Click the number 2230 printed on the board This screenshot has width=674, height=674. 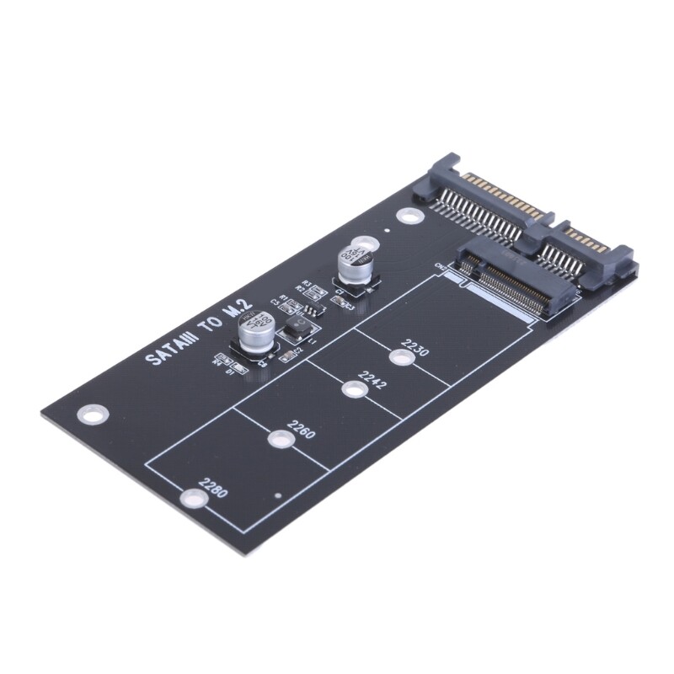pyautogui.click(x=415, y=345)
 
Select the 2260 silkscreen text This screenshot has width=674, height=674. pyautogui.click(x=301, y=430)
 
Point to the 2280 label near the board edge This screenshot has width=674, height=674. pyautogui.click(x=212, y=489)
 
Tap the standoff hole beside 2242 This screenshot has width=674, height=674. pyautogui.click(x=354, y=389)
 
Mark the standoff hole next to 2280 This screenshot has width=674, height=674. pyautogui.click(x=192, y=500)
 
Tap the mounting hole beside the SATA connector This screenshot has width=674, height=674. pyautogui.click(x=409, y=217)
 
